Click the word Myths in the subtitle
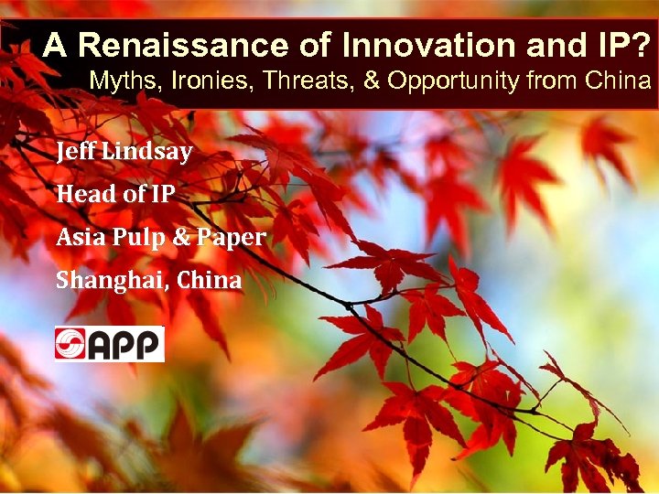[116, 81]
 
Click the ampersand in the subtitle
[372, 81]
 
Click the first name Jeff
[73, 151]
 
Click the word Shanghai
[99, 281]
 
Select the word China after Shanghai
[210, 281]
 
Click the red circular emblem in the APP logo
[70, 344]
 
